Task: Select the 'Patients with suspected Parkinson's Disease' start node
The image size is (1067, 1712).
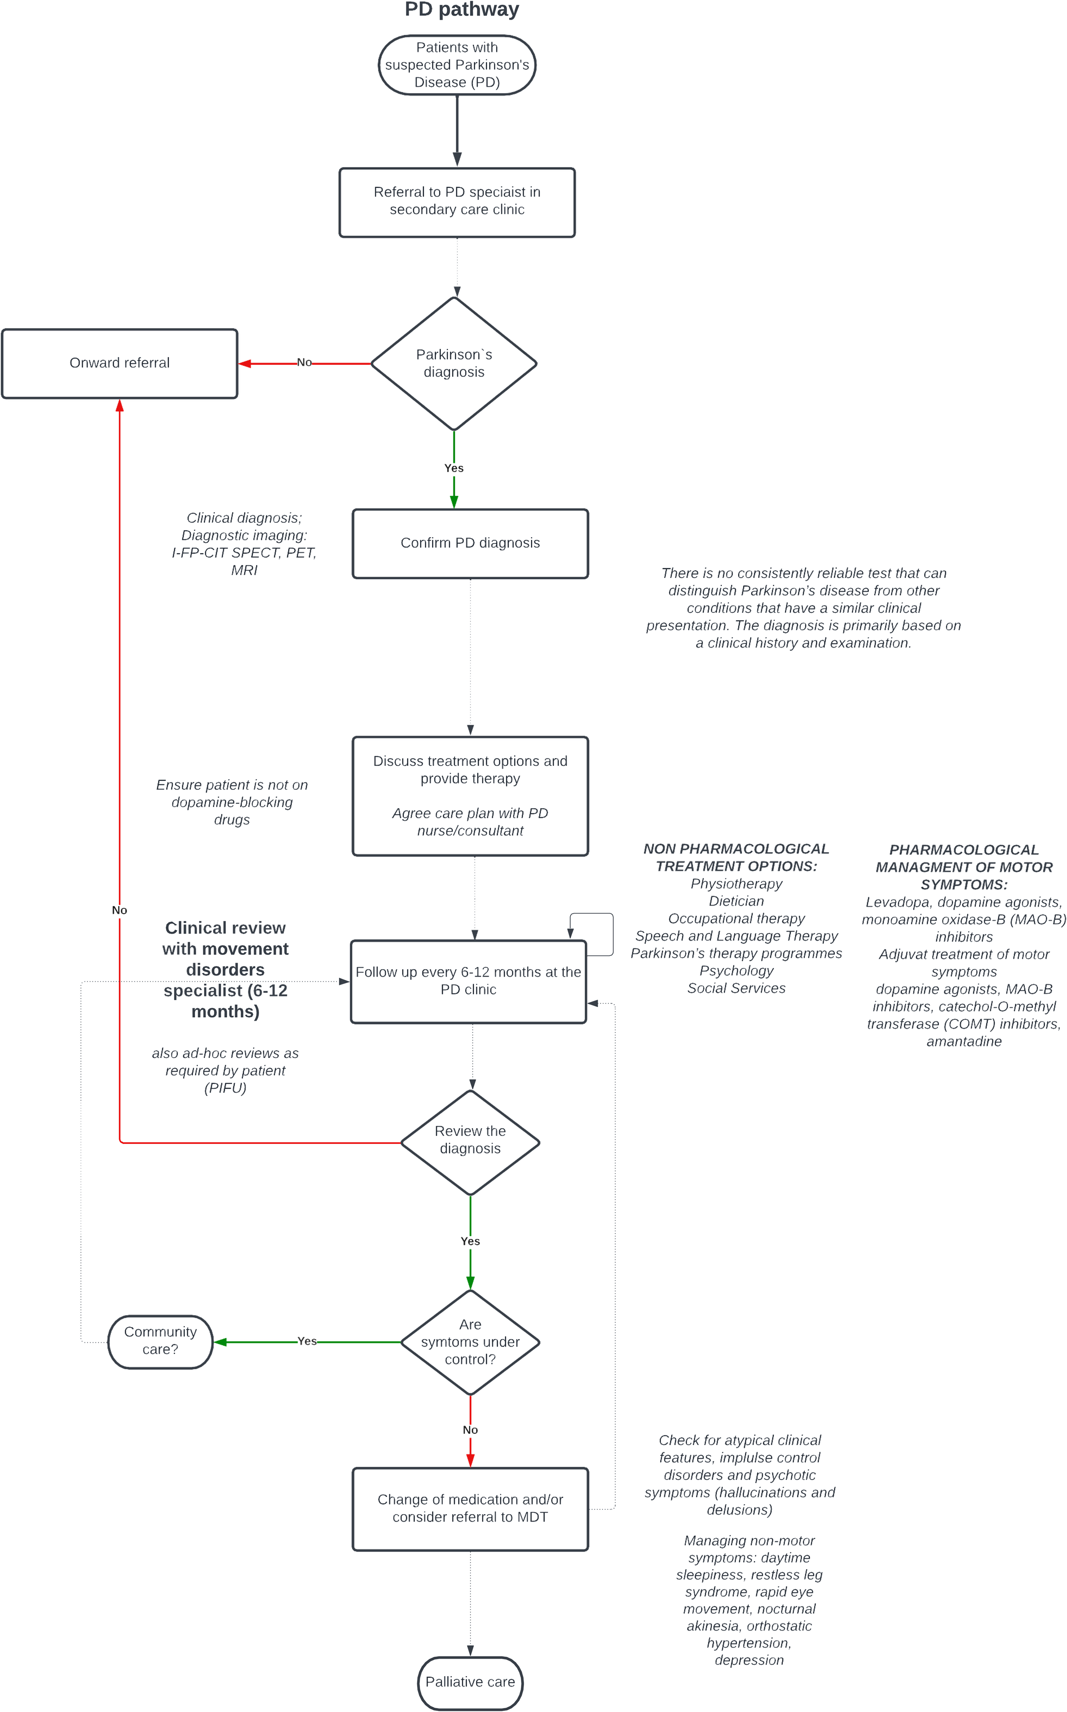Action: (x=457, y=65)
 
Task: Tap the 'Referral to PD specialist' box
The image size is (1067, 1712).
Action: (x=457, y=203)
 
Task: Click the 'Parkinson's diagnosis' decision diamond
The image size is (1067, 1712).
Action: (x=454, y=363)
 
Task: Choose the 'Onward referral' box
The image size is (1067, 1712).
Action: (x=119, y=363)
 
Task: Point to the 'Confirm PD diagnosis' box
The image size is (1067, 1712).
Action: (x=470, y=543)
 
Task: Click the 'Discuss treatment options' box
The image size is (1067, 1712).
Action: (x=470, y=796)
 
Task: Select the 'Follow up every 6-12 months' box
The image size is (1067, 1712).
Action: (x=469, y=981)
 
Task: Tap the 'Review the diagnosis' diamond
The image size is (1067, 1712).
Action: (x=470, y=1143)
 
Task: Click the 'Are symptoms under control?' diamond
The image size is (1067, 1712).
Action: (x=470, y=1342)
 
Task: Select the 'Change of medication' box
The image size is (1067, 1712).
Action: (x=470, y=1509)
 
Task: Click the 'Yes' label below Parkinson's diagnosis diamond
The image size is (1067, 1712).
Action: (x=454, y=468)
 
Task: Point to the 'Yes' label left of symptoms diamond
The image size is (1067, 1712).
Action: (x=307, y=1341)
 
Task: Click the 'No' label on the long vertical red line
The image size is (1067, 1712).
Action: (x=119, y=910)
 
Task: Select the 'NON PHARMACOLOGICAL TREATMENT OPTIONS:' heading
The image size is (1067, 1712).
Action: (x=736, y=857)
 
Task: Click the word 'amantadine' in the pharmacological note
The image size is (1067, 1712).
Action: (x=964, y=1042)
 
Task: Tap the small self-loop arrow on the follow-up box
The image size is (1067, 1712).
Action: (x=612, y=934)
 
